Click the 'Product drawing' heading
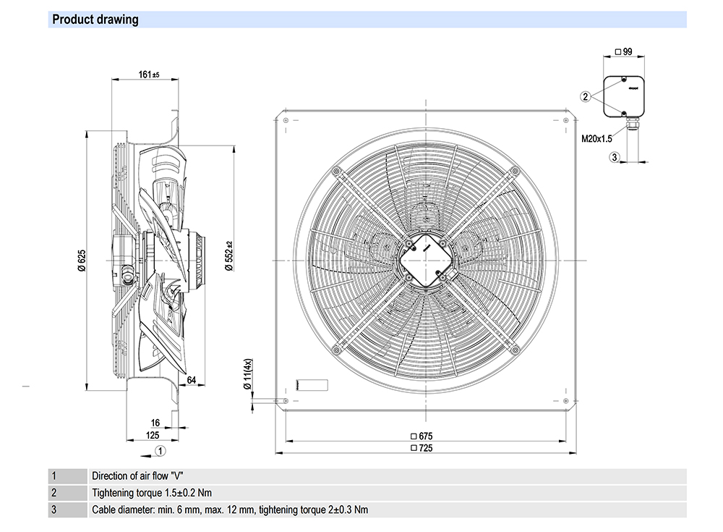[95, 20]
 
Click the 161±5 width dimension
[149, 74]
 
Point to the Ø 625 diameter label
[82, 259]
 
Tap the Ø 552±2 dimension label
[228, 256]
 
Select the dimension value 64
[192, 381]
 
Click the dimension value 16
[155, 423]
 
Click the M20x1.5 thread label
[596, 139]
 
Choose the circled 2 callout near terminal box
[586, 96]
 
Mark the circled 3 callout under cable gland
[614, 157]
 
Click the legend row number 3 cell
[54, 510]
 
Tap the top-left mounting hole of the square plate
[286, 120]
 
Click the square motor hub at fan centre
[424, 260]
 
